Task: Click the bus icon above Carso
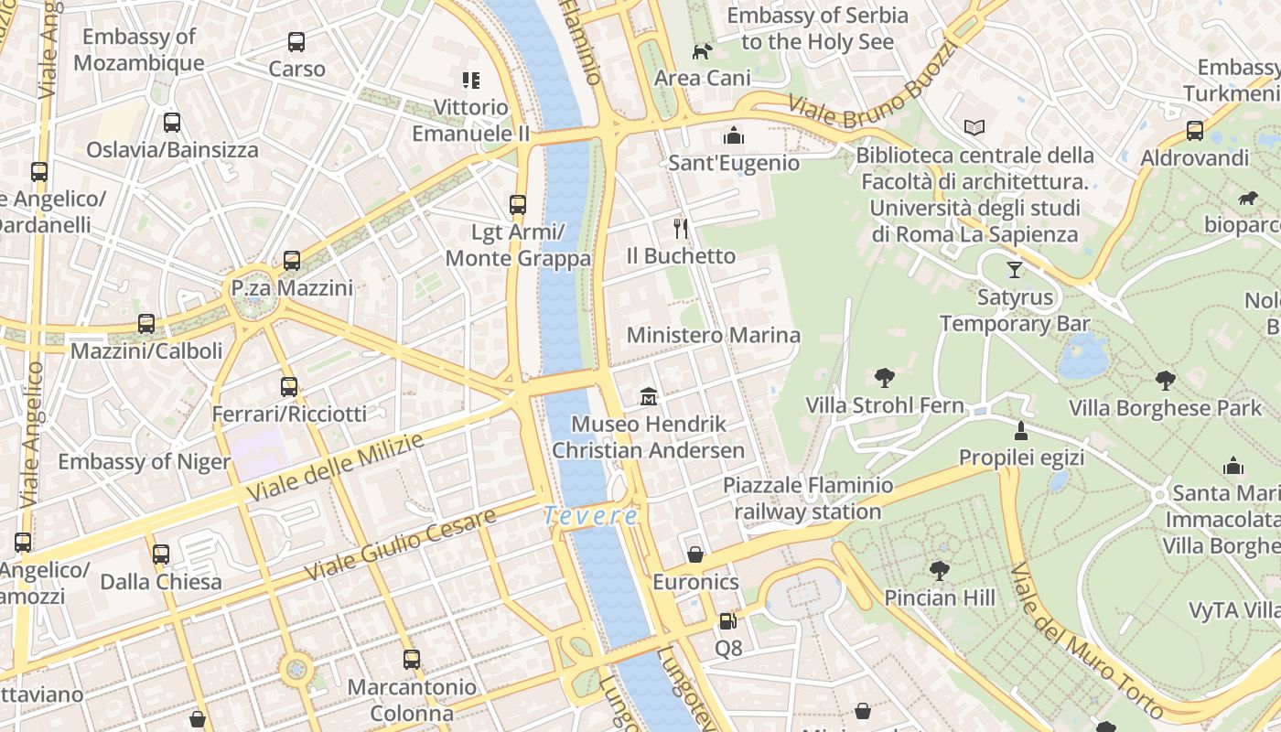[296, 42]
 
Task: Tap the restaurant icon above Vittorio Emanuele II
[470, 81]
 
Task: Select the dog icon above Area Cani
[702, 52]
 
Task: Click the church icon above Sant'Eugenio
[734, 136]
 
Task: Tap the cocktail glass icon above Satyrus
[1014, 270]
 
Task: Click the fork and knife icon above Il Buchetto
[680, 228]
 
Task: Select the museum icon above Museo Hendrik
[649, 397]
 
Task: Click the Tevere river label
[591, 516]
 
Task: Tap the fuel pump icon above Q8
[727, 621]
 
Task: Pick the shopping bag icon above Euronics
[695, 554]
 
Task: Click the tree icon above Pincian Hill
[939, 571]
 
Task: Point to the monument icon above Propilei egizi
[1021, 430]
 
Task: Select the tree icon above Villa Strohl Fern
[884, 377]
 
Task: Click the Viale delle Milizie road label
[335, 467]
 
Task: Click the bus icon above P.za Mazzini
[292, 261]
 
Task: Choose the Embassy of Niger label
[144, 461]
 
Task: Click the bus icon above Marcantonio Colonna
[412, 659]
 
